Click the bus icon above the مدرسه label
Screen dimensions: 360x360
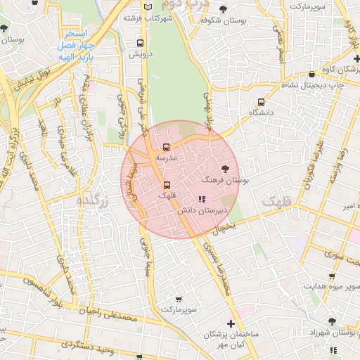tap(167, 148)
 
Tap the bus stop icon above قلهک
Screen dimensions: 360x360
tap(167, 185)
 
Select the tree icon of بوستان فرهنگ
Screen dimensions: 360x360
tap(225, 168)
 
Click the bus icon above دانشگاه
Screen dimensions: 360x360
tap(262, 102)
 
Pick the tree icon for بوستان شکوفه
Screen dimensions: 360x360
tap(223, 9)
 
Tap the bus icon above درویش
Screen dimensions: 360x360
tap(139, 43)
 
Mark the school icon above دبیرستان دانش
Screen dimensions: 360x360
tap(202, 200)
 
